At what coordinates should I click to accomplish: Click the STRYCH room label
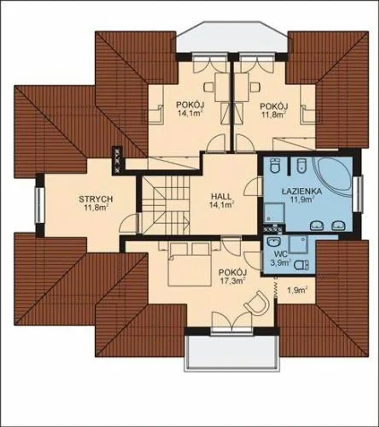96,199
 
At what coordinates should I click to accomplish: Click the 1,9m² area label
297,290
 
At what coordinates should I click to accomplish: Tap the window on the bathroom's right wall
359,193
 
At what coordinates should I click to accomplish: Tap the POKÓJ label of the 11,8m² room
274,106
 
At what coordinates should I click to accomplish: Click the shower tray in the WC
298,244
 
